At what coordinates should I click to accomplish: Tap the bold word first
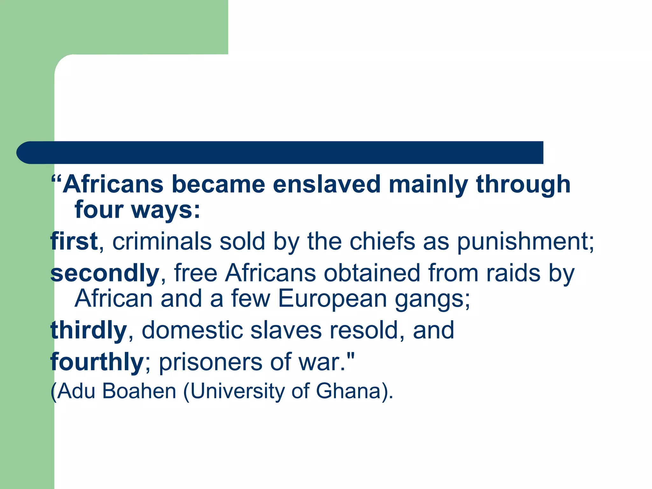pos(74,241)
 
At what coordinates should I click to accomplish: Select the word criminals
pos(162,241)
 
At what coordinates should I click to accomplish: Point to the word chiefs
pos(382,241)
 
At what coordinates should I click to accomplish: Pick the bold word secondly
pos(105,273)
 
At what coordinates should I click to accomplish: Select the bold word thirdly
pos(89,330)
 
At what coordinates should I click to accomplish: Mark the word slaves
pos(286,330)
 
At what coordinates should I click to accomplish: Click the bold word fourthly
pos(97,362)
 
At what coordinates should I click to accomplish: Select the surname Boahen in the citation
pos(139,391)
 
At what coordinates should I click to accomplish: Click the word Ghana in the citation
pos(348,391)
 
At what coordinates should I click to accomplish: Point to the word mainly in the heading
pos(429,185)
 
